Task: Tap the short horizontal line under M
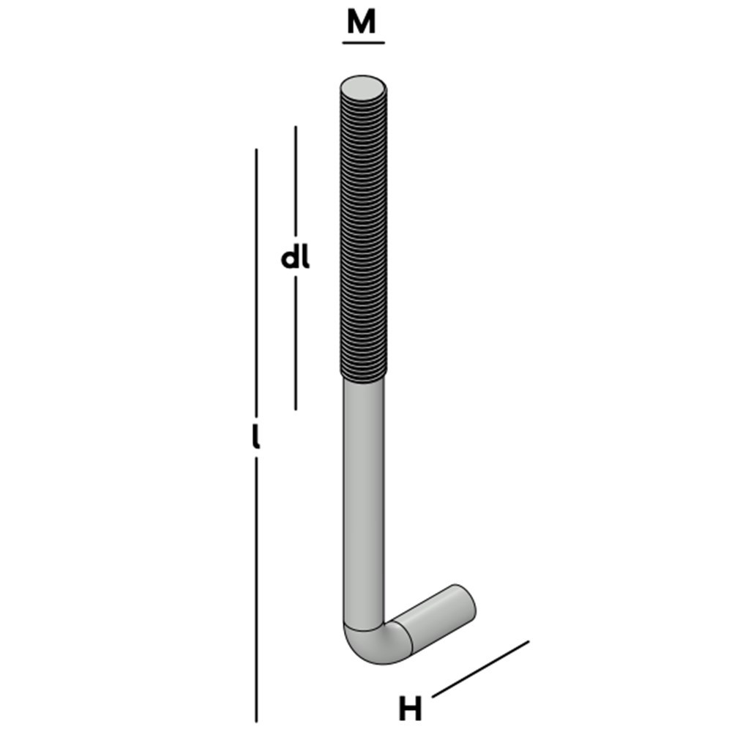(363, 42)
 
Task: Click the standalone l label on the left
(255, 437)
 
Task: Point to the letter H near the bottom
(411, 709)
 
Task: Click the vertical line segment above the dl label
(296, 183)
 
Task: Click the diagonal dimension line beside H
(480, 669)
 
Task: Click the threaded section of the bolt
(362, 234)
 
